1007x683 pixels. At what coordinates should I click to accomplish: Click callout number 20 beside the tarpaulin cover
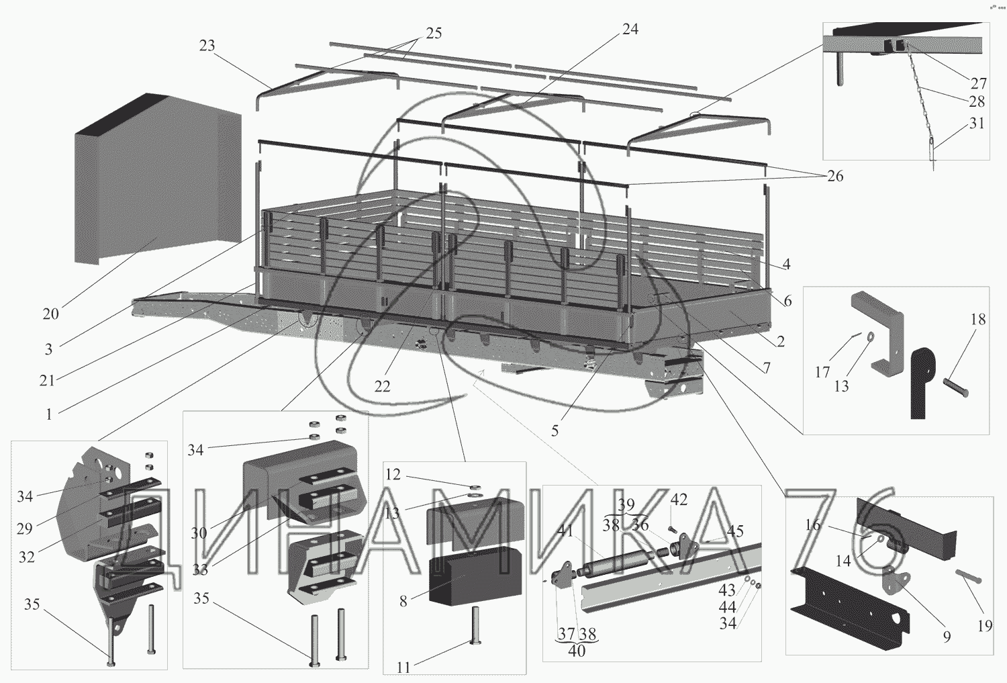[51, 313]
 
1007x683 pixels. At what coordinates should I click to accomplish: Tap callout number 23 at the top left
[207, 46]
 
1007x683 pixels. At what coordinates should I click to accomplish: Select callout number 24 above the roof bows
[630, 30]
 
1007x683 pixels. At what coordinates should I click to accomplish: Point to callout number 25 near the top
[434, 34]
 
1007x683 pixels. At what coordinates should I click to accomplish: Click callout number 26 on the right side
[834, 176]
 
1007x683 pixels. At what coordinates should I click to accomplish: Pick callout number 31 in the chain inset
[977, 124]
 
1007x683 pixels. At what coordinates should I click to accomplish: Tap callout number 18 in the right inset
[978, 320]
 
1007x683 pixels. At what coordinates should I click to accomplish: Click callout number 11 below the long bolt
[403, 668]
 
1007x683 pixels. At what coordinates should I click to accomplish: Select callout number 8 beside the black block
[403, 602]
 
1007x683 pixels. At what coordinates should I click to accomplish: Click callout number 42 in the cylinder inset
[679, 500]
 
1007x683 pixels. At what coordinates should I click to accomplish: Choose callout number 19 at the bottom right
[984, 626]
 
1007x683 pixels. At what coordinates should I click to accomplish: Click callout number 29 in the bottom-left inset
[25, 528]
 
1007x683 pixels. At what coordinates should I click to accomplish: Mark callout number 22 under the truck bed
[382, 386]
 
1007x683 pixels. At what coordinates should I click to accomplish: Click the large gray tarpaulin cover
[154, 188]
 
